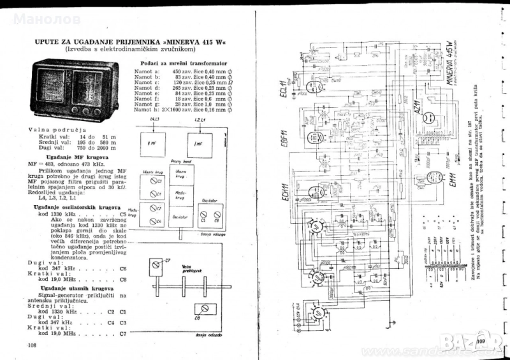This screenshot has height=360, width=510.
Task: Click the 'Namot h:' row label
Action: [x=147, y=110]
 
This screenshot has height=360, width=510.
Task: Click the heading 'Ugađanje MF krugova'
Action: [x=75, y=157]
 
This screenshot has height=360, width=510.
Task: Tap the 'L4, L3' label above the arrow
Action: [x=154, y=119]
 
